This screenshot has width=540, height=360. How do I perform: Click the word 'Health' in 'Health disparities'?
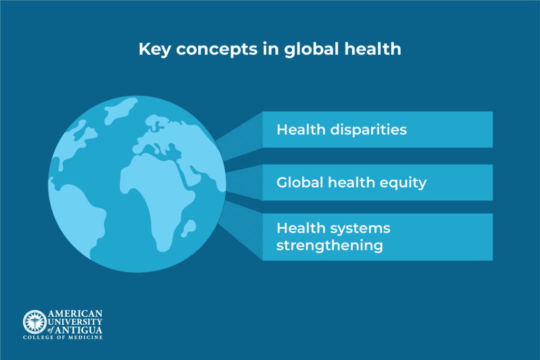(x=299, y=129)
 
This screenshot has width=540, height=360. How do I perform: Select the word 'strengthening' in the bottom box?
(x=330, y=245)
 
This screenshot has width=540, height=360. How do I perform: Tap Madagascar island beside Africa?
(x=185, y=228)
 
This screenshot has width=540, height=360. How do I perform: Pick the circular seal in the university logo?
(x=34, y=322)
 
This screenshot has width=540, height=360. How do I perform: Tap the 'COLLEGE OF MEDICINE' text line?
(x=63, y=337)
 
